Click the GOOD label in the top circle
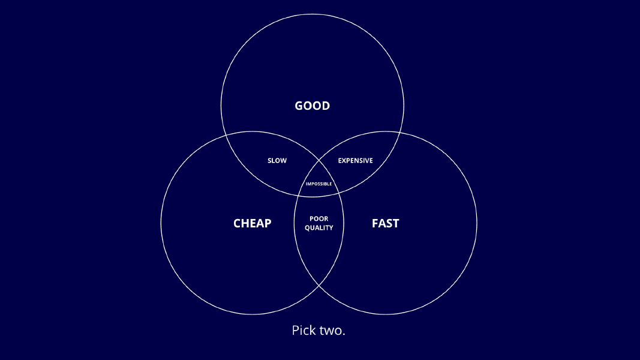coord(312,106)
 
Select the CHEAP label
coord(252,224)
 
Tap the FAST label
coord(385,224)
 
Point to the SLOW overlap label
coord(277,161)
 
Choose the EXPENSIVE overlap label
coord(355,161)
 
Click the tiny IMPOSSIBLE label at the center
coord(319,184)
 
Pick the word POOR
coord(319,218)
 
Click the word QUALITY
coord(319,228)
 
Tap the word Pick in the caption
coord(304,331)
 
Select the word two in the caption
coord(332,331)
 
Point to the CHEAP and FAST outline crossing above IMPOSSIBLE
coord(319,161)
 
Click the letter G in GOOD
coord(299,106)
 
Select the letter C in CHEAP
coord(238,224)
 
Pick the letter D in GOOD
coord(325,106)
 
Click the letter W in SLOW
coord(284,161)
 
